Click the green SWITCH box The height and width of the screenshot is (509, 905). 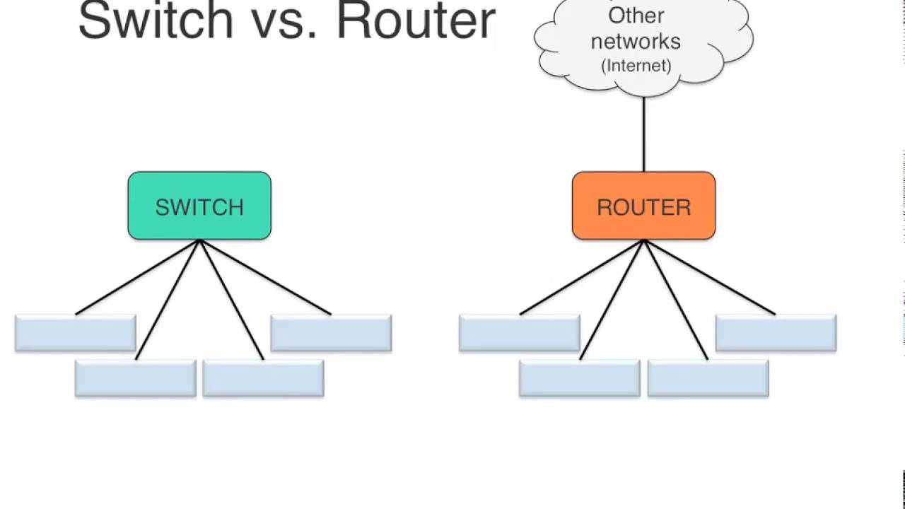coord(199,206)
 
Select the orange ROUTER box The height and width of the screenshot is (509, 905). coord(643,206)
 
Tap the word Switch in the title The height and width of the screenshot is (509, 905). coord(156,21)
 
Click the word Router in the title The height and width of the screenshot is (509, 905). coord(416,21)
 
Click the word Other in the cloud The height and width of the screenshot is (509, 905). coord(636,16)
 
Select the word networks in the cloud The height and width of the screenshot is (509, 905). coord(636,42)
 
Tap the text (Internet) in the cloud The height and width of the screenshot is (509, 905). coord(636,66)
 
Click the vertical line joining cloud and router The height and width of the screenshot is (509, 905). coord(643,134)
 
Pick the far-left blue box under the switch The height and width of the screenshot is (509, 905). coord(76,333)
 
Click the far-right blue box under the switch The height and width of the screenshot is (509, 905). coord(332,333)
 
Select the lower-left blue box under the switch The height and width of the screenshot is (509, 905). coord(136,378)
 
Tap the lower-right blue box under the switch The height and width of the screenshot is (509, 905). coord(264,378)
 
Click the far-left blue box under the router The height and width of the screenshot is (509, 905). coord(520,333)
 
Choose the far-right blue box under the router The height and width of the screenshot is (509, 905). coord(776,333)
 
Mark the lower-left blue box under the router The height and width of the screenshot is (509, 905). coord(580,378)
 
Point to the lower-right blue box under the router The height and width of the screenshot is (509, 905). coord(708,378)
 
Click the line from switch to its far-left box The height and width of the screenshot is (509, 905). coord(137,277)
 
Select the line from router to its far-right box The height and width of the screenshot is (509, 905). coord(710,277)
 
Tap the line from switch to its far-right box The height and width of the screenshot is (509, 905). coord(265,277)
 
